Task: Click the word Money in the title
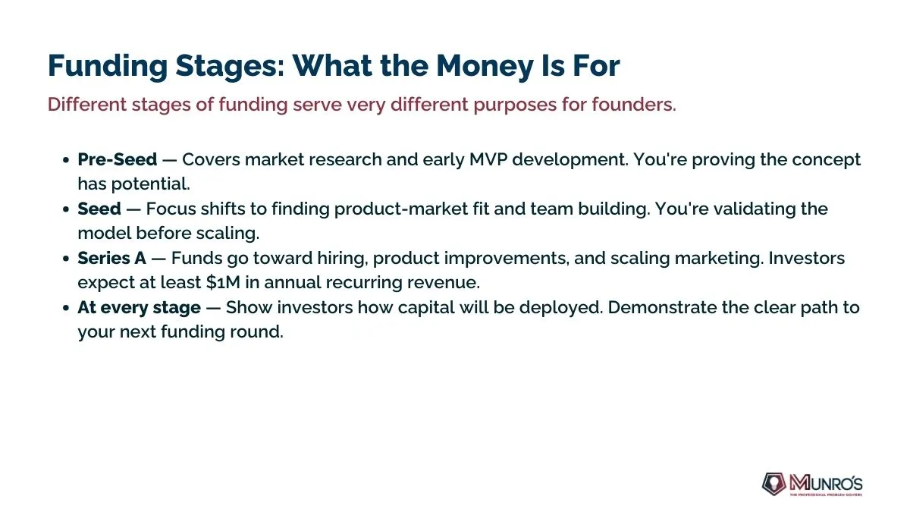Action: point(485,66)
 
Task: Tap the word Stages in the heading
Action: point(230,66)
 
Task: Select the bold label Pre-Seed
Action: point(118,159)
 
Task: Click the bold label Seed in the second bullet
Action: point(99,209)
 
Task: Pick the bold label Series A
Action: point(111,258)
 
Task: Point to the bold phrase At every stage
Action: point(139,308)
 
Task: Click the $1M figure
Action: point(223,282)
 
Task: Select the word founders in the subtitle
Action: point(634,105)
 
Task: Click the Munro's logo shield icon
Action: point(774,484)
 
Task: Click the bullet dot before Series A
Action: point(66,259)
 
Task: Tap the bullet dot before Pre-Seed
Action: point(66,160)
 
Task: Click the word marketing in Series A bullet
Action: point(719,259)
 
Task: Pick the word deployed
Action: point(561,308)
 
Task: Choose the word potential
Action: point(151,184)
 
